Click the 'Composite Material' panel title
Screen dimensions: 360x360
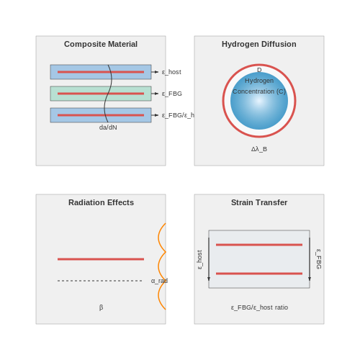tap(101, 44)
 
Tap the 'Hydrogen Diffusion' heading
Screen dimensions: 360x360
tap(259, 44)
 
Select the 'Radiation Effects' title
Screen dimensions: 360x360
tap(101, 202)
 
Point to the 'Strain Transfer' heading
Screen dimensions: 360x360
tap(259, 202)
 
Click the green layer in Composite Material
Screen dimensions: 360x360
tap(101, 94)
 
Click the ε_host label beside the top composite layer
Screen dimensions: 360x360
tap(171, 72)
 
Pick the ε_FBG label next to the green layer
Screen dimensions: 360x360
tap(172, 94)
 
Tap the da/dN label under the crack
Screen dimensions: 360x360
tap(108, 127)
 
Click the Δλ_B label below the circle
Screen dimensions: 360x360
tap(259, 149)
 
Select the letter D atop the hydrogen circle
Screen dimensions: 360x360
tap(259, 70)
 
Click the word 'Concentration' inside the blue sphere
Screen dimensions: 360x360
tap(253, 91)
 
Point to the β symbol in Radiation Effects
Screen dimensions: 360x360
tap(101, 307)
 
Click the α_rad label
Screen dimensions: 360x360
tap(159, 281)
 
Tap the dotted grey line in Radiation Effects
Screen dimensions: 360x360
tap(100, 281)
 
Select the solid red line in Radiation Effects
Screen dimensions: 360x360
tap(101, 259)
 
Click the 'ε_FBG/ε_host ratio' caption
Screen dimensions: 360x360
tap(259, 307)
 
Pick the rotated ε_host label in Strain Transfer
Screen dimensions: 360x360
tap(199, 260)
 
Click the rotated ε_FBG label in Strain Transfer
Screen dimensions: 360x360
tap(319, 259)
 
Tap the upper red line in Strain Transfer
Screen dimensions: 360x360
tap(259, 245)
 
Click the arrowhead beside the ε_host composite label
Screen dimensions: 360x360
tap(156, 72)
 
